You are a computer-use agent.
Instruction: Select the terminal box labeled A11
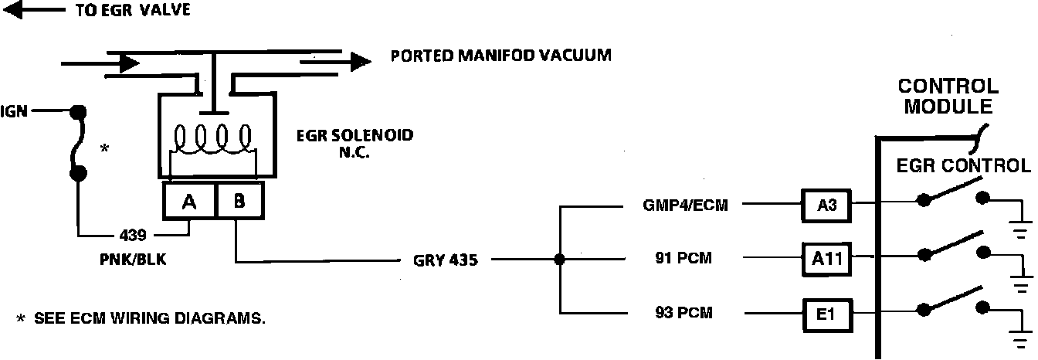[828, 260]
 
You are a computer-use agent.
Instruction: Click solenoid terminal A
[188, 202]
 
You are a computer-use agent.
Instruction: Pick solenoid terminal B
[239, 202]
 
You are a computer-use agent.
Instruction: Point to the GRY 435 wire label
[440, 260]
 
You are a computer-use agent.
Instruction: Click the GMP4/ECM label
[685, 205]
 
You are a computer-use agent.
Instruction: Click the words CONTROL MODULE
[948, 97]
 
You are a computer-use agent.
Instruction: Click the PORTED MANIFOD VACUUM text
[500, 56]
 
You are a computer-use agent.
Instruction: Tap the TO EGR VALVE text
[132, 11]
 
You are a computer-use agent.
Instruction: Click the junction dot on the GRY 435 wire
[559, 260]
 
